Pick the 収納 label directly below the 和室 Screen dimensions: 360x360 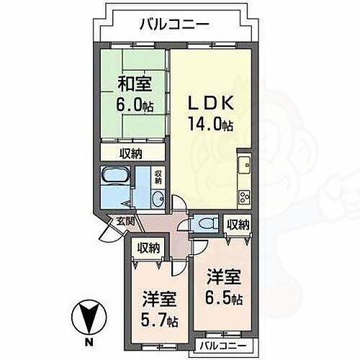pyautogui.click(x=131, y=153)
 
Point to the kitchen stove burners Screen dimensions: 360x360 pyautogui.click(x=243, y=195)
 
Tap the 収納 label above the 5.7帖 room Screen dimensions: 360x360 pyautogui.click(x=148, y=248)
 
